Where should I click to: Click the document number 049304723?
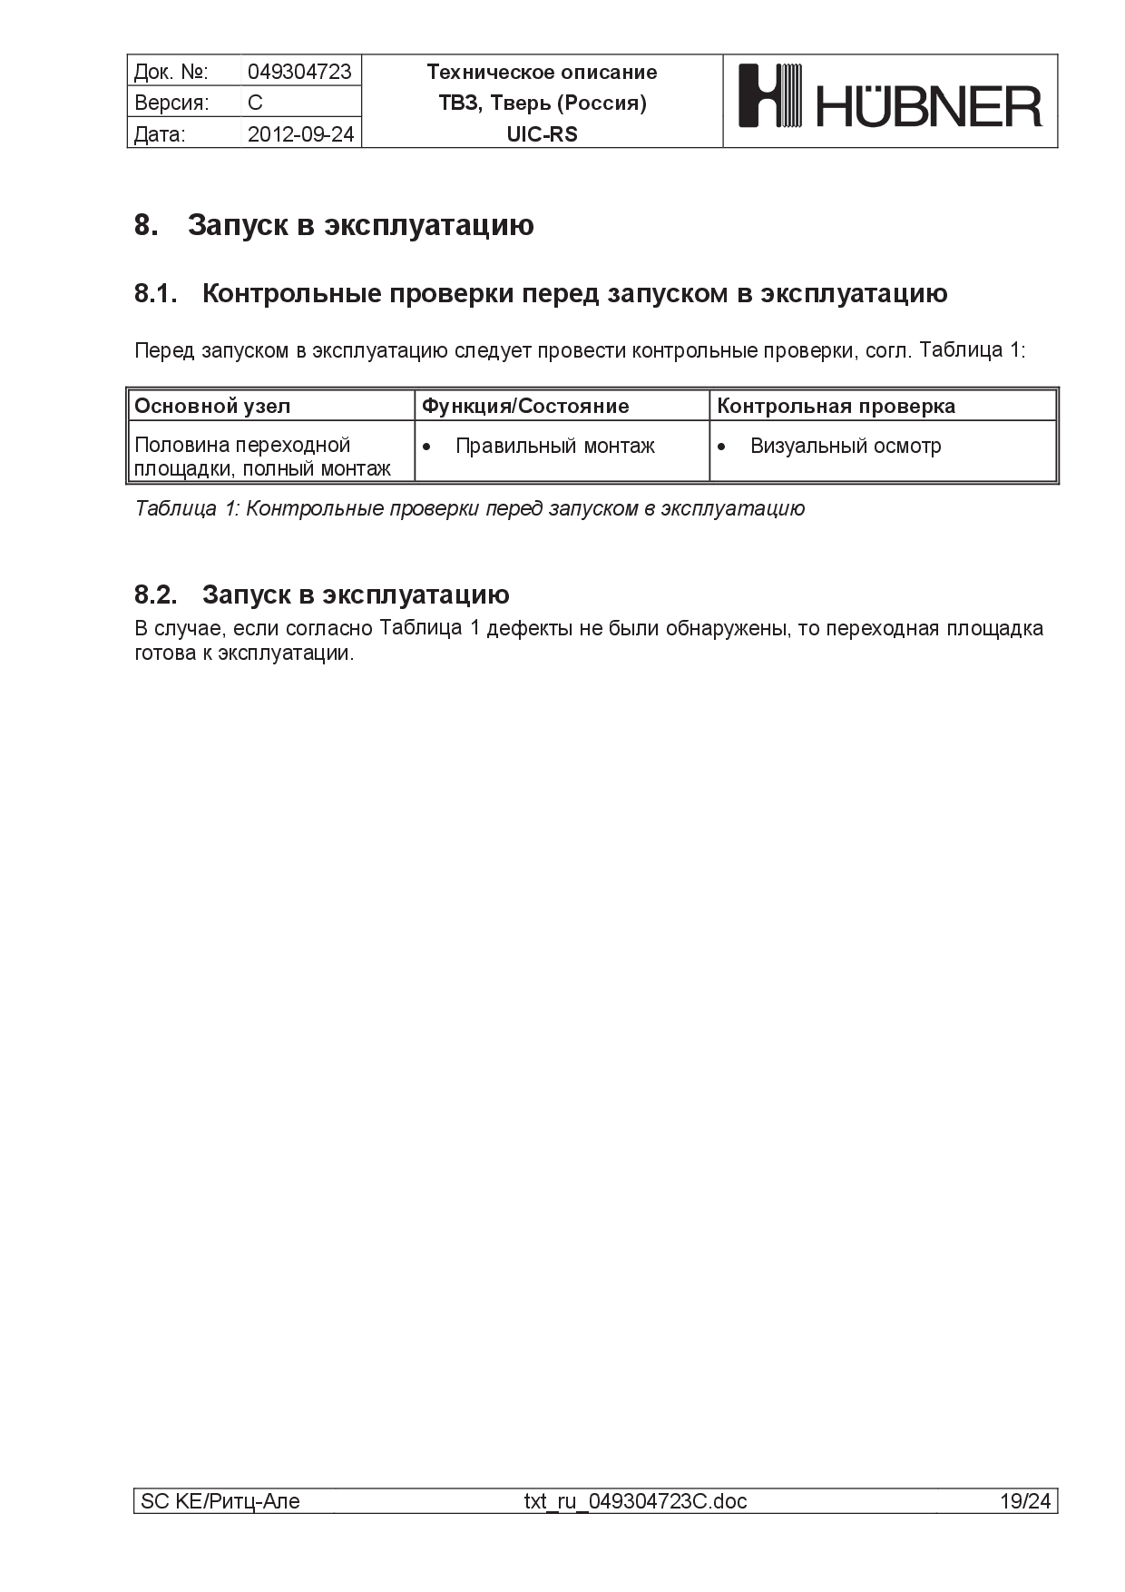click(299, 72)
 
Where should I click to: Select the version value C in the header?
click(255, 103)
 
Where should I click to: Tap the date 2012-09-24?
click(300, 134)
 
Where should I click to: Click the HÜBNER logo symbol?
click(771, 94)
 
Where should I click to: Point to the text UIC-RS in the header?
click(542, 134)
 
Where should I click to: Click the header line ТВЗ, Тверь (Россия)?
click(542, 103)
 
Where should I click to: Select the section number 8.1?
click(155, 293)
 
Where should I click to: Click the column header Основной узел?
click(212, 406)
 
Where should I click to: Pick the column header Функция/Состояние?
click(525, 406)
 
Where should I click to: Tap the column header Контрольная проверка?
click(836, 406)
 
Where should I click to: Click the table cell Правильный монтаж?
click(554, 446)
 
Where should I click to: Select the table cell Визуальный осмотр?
click(846, 446)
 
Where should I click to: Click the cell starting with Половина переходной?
click(262, 457)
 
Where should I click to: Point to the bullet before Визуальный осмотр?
click(721, 447)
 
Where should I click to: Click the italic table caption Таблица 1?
click(469, 508)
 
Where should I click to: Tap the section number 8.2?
click(155, 595)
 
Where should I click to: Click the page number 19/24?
click(1025, 1501)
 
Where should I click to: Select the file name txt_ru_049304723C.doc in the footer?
click(635, 1501)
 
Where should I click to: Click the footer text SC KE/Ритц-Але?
click(220, 1501)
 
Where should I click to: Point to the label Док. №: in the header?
click(171, 72)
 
